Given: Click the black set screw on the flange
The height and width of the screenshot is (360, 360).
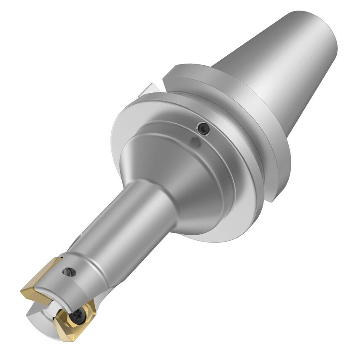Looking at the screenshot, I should pos(204,129).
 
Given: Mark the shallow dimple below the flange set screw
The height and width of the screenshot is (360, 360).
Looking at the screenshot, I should pos(196,142).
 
